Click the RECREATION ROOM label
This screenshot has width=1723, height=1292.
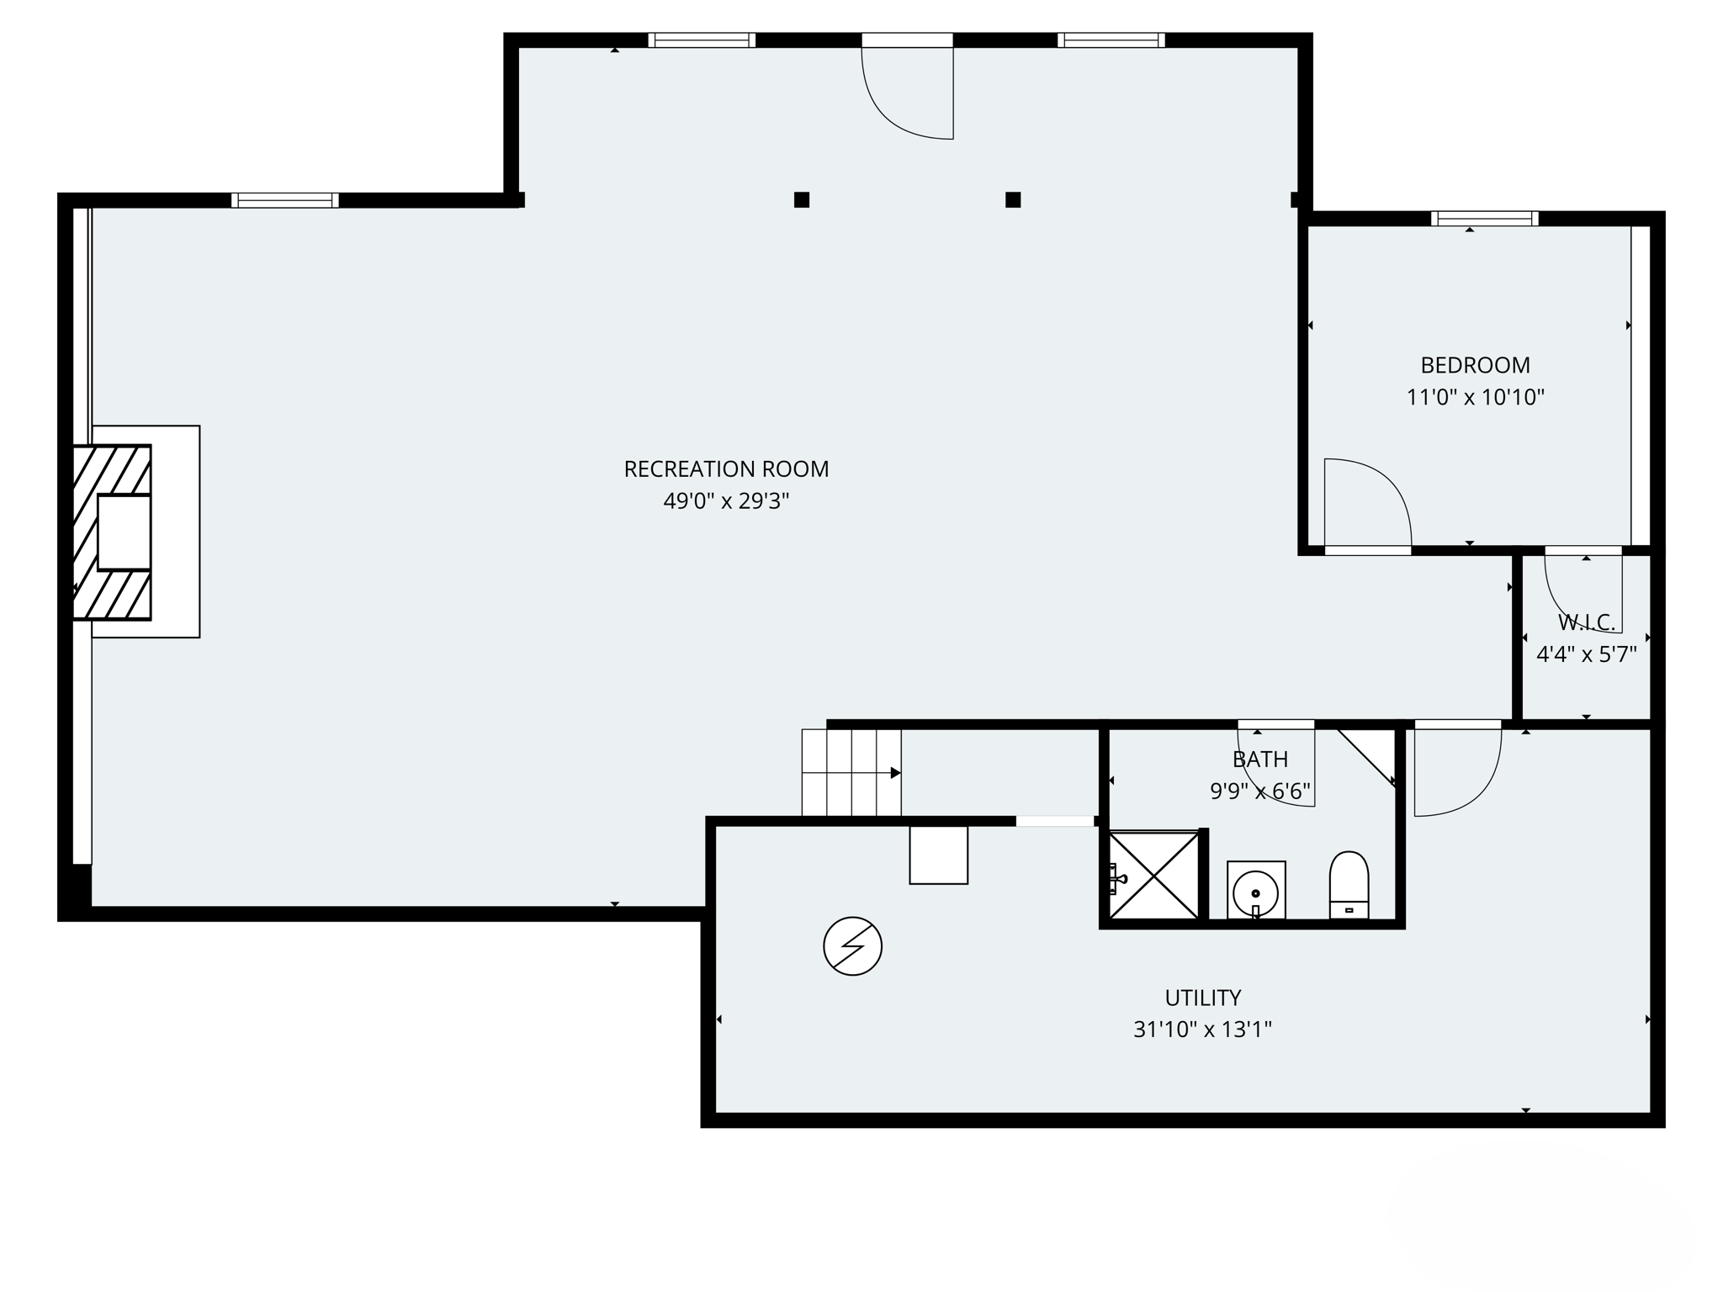click(x=726, y=469)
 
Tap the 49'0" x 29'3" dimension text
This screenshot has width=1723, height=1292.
click(x=726, y=501)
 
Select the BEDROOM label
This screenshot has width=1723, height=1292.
click(x=1475, y=365)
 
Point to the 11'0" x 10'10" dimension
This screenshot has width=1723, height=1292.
click(x=1475, y=397)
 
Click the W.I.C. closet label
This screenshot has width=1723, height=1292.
click(x=1587, y=622)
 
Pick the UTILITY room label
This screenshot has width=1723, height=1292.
click(x=1202, y=998)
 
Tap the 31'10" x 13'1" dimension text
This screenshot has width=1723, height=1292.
click(x=1202, y=1030)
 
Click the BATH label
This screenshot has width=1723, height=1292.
click(x=1259, y=760)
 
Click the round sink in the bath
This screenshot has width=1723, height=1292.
click(x=1255, y=890)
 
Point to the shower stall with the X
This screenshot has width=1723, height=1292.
click(x=1155, y=876)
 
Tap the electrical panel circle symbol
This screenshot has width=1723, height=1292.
click(x=852, y=946)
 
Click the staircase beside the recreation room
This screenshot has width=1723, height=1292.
click(x=851, y=772)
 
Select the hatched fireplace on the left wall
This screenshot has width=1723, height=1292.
click(x=113, y=532)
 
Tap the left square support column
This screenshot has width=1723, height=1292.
click(x=802, y=200)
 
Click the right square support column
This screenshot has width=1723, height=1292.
click(x=1013, y=200)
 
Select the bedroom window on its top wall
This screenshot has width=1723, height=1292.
click(x=1485, y=219)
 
